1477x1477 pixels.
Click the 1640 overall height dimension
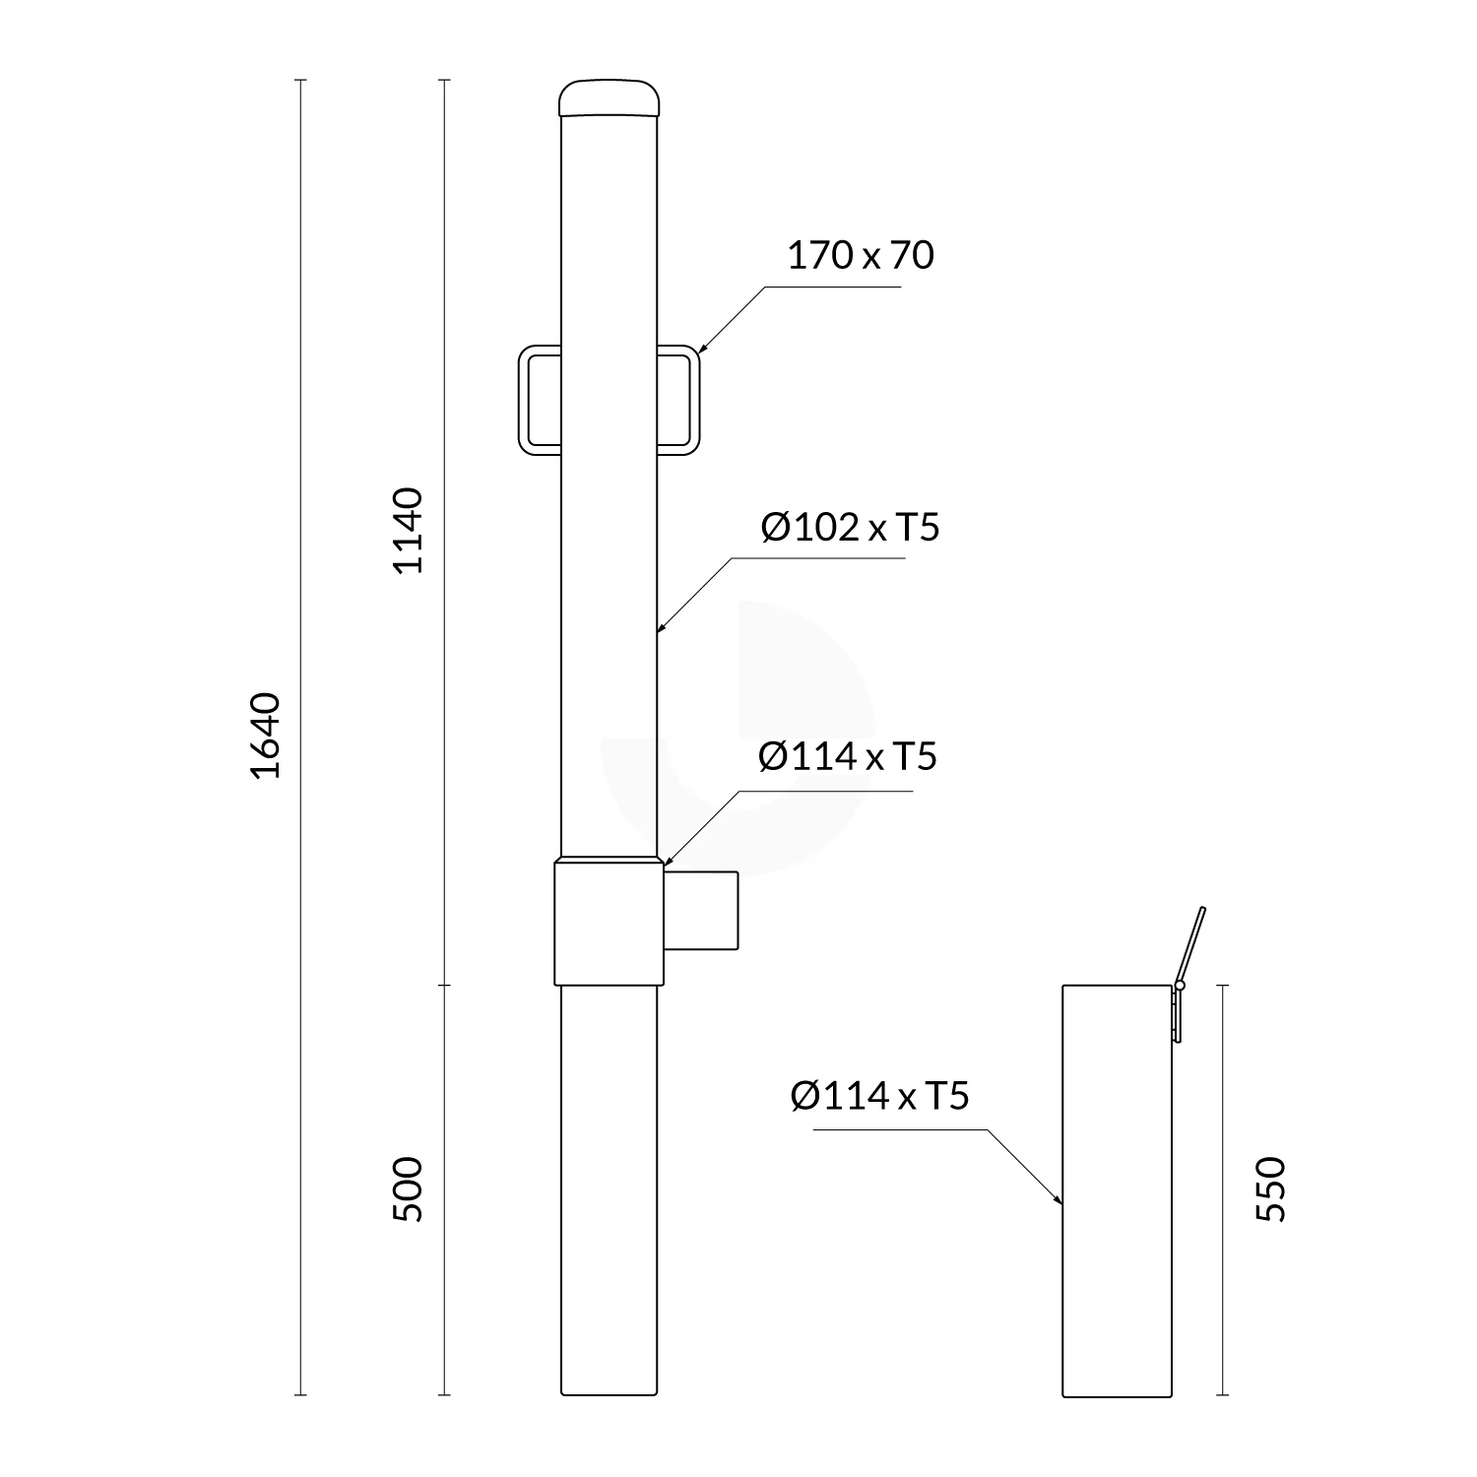(266, 735)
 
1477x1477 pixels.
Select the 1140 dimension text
(408, 530)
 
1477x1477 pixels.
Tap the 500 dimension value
(408, 1188)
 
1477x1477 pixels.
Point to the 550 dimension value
(1271, 1188)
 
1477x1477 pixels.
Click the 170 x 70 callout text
(860, 255)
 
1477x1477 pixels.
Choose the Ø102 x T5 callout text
(850, 528)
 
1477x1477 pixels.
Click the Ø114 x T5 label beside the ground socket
(879, 1095)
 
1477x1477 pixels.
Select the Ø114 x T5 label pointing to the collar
(847, 756)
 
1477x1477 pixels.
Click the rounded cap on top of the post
(609, 98)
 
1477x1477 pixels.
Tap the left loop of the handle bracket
(538, 400)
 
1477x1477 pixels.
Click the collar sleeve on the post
(609, 923)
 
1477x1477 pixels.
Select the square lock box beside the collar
(701, 911)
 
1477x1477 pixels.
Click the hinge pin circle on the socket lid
(1180, 985)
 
